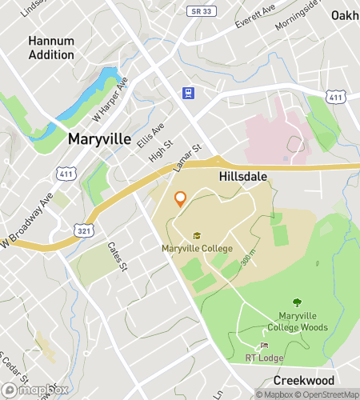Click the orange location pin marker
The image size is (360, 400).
coord(180,199)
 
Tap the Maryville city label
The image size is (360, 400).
coord(99,139)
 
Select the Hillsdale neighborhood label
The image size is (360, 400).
coord(242,176)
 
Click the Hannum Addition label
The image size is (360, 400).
coord(51,47)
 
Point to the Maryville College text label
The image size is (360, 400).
coord(197,248)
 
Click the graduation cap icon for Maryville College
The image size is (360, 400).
coord(197,235)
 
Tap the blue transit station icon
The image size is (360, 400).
coord(188,92)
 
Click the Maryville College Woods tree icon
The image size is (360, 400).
coord(297,303)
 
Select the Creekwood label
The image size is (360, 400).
coord(302,380)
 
